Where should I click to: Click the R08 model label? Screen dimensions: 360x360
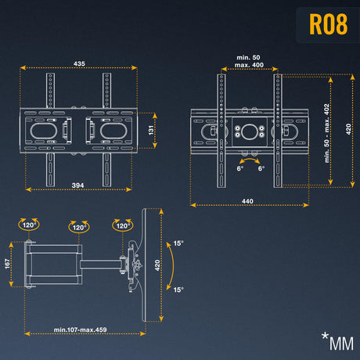(x=328, y=24)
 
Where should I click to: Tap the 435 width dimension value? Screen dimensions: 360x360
(x=79, y=63)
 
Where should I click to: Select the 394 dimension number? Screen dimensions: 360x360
(x=77, y=185)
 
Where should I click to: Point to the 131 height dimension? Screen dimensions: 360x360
(x=151, y=130)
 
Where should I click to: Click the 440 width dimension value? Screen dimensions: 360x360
(x=247, y=201)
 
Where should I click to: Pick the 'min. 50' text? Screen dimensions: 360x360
(x=248, y=57)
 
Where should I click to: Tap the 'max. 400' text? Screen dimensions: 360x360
(x=249, y=65)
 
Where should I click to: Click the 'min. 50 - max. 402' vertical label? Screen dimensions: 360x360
(x=326, y=133)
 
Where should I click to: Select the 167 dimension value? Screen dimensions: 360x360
(x=7, y=264)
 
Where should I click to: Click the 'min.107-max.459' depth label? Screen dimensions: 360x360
(x=80, y=329)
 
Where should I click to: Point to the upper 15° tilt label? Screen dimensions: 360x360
(x=178, y=243)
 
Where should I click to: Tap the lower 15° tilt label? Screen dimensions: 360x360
(x=178, y=290)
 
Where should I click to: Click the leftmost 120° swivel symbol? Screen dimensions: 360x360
(x=29, y=225)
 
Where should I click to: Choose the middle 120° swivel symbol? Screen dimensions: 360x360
(x=79, y=227)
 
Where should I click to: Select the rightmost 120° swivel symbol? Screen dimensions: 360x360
(x=122, y=225)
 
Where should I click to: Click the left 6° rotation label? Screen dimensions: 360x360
(x=240, y=168)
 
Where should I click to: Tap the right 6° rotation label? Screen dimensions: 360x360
(x=261, y=168)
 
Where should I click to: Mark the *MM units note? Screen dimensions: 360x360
(x=338, y=341)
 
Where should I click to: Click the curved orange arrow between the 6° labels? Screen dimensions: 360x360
(x=250, y=159)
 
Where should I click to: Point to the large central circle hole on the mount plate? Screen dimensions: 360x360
(x=250, y=131)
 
